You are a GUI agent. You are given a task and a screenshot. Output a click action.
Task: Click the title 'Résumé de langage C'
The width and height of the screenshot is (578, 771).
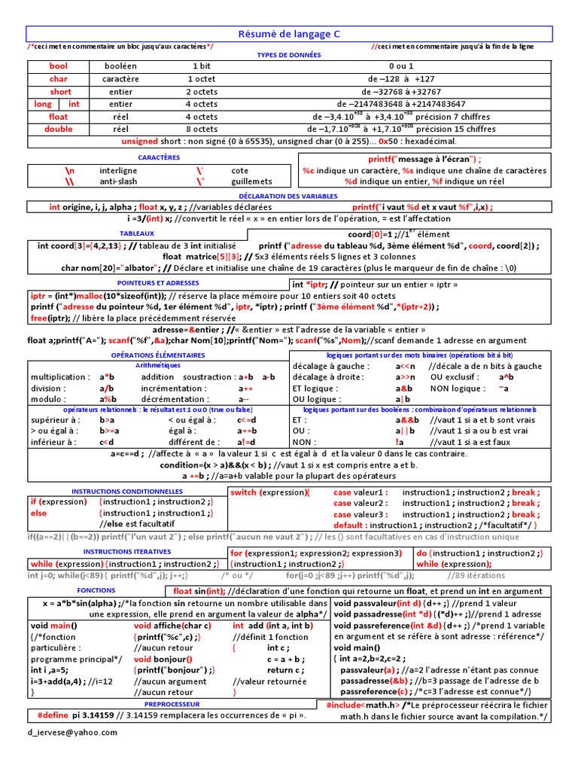click(289, 33)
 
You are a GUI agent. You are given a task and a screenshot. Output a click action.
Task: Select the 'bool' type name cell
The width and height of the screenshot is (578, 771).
click(58, 66)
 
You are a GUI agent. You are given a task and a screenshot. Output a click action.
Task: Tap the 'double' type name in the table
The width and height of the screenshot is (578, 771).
click(58, 129)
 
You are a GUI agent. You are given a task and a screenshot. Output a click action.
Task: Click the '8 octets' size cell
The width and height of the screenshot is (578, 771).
click(201, 129)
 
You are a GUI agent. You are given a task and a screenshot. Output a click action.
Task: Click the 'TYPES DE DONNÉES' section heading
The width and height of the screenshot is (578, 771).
click(289, 55)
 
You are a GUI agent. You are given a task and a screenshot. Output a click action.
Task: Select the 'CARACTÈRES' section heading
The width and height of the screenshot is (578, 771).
click(160, 157)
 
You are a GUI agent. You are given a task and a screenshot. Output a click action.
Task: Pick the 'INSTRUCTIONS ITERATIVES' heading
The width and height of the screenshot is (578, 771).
click(124, 551)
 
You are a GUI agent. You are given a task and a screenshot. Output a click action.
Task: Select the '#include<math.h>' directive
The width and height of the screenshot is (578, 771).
click(363, 705)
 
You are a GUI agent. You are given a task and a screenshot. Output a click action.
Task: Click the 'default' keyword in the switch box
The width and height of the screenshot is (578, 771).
click(350, 525)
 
